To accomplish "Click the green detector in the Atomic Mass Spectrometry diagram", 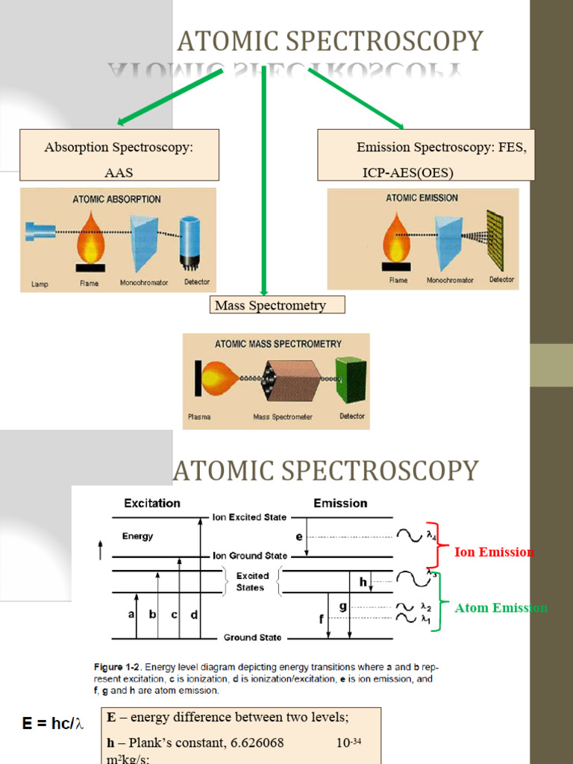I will click(x=351, y=380).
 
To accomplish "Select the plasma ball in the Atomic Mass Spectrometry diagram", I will click(x=219, y=379).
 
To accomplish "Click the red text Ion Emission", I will click(x=494, y=552).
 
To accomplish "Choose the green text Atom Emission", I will click(x=501, y=608).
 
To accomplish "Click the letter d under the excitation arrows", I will click(x=195, y=615).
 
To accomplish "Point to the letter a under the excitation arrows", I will click(x=132, y=615).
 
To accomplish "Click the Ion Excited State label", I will click(x=249, y=517).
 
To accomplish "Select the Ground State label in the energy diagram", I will click(x=253, y=638).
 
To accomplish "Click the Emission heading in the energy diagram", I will click(x=340, y=504).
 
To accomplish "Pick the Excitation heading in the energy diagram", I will click(x=152, y=504).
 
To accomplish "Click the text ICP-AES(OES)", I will click(x=407, y=172).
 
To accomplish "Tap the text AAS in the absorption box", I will click(x=119, y=172).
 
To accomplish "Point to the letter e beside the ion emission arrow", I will click(x=299, y=536).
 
